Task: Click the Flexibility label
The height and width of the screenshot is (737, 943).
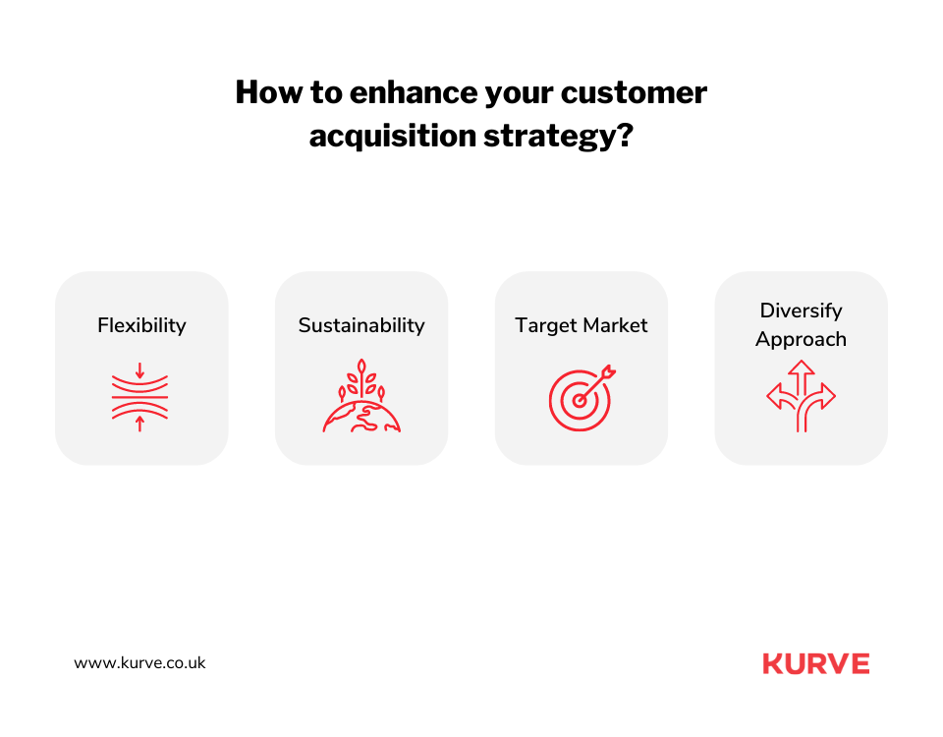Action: pyautogui.click(x=141, y=325)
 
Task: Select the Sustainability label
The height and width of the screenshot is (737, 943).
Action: pyautogui.click(x=361, y=325)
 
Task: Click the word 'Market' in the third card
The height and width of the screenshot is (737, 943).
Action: pyautogui.click(x=613, y=325)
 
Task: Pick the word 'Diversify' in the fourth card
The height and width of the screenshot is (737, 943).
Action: pyautogui.click(x=801, y=311)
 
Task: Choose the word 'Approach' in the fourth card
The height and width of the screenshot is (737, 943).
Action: pyautogui.click(x=801, y=339)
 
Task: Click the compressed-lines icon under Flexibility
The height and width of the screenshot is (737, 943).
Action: pyautogui.click(x=139, y=397)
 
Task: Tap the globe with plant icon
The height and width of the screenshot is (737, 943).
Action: pyautogui.click(x=361, y=397)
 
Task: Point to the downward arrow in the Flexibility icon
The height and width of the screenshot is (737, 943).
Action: pyautogui.click(x=139, y=370)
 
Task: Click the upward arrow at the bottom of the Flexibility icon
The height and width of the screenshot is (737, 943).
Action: pyautogui.click(x=139, y=424)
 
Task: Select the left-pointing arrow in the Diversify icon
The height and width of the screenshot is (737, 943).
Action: pyautogui.click(x=776, y=396)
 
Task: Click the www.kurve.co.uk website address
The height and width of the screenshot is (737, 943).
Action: pyautogui.click(x=139, y=663)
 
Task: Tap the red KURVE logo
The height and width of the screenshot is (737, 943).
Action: pyautogui.click(x=815, y=663)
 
